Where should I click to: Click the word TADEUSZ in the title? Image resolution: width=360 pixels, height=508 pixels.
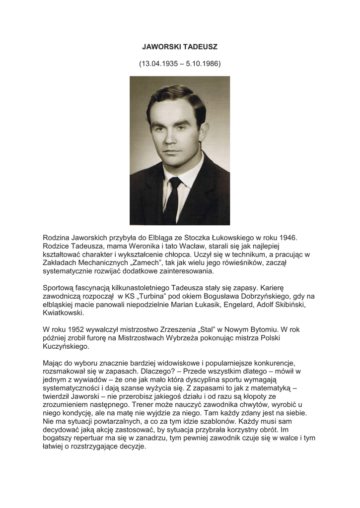coord(200,47)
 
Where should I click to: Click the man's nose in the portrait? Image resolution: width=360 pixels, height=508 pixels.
coord(173,139)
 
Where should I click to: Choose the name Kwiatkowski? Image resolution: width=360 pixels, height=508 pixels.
coord(64,314)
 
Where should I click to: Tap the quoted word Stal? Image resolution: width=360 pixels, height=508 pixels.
coord(209,329)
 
